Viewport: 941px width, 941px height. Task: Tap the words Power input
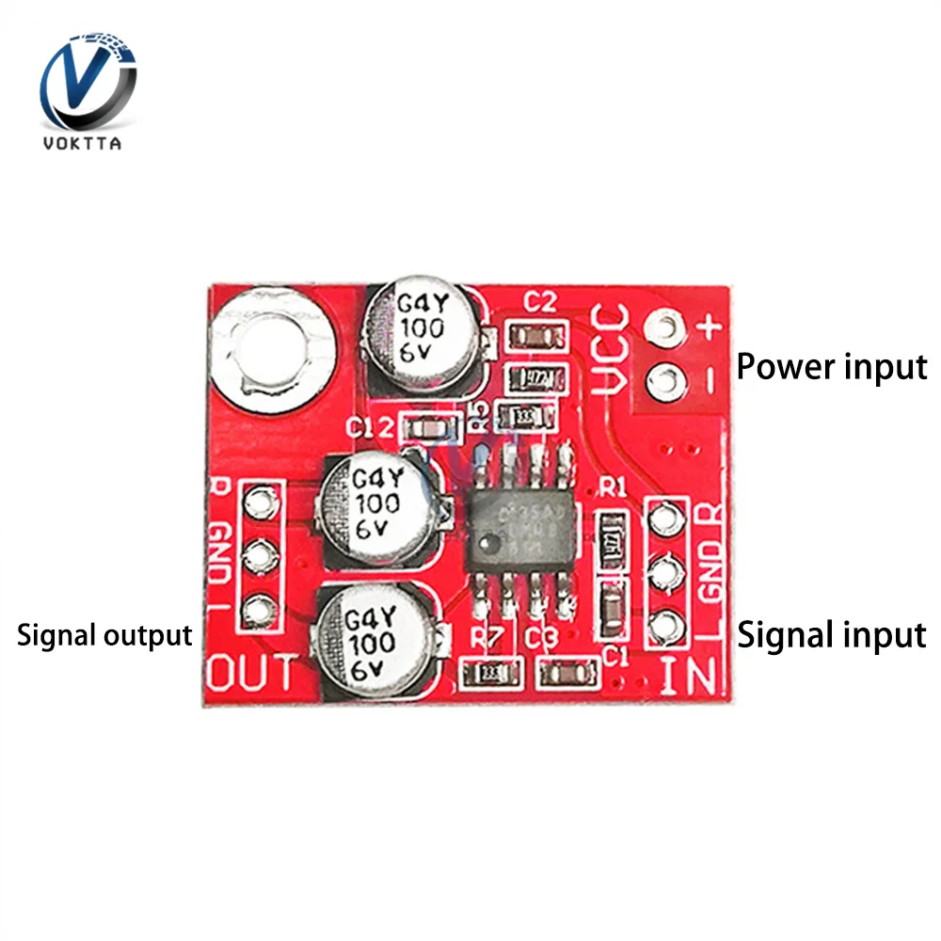pos(831,366)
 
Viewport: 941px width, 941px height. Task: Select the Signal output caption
pos(104,635)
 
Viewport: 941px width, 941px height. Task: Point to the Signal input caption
pos(831,635)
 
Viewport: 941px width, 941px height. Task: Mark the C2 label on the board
pos(540,303)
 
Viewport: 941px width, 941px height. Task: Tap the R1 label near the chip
pos(614,487)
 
